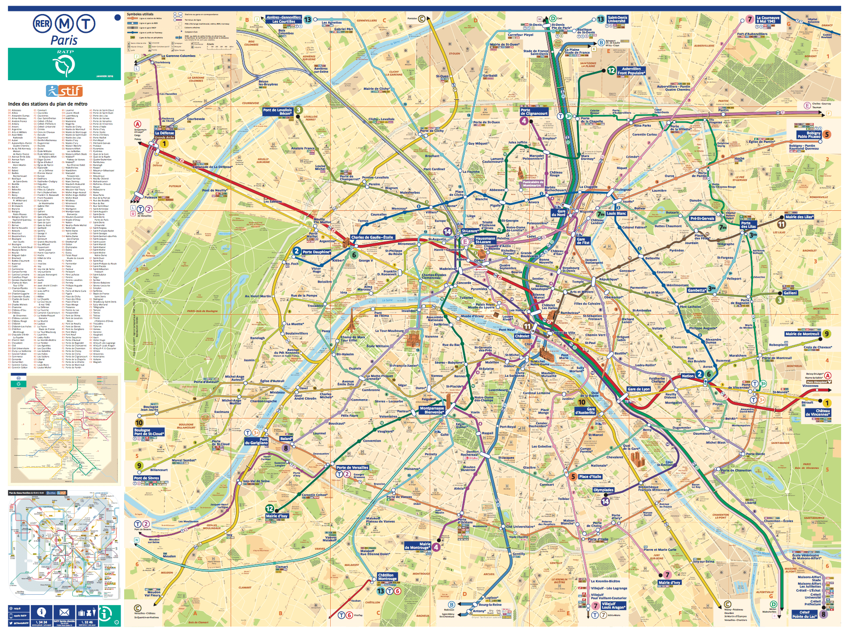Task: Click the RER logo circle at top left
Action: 43,24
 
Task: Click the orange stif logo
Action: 64,91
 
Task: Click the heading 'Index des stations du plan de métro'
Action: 48,104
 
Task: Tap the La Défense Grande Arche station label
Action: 164,135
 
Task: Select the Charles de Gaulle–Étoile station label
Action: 372,237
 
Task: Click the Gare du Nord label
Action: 558,213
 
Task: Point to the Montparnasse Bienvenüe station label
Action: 432,410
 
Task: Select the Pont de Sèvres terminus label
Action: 146,478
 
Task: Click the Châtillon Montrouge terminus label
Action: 387,577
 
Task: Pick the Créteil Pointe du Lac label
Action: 804,614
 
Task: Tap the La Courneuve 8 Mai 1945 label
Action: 768,19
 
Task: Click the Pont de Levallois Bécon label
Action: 278,111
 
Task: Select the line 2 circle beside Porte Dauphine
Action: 297,251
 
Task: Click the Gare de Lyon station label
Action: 639,389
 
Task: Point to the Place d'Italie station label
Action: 590,476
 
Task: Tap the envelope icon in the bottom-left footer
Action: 64,612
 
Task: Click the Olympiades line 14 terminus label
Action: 603,490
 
